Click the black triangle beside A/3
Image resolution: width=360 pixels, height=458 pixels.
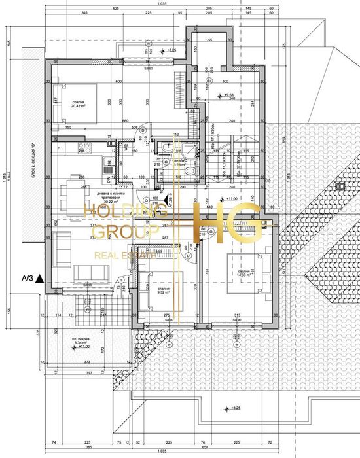click(x=41, y=278)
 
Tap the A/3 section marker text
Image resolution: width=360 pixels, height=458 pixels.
click(x=27, y=278)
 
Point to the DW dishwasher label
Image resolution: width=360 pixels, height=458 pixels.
click(x=109, y=178)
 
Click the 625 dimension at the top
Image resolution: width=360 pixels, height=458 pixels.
click(x=116, y=7)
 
